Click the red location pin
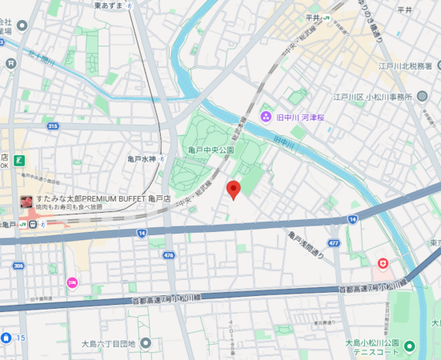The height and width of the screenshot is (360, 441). click(x=234, y=190)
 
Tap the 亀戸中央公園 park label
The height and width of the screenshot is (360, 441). click(x=211, y=150)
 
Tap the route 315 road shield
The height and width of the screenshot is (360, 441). click(x=53, y=126)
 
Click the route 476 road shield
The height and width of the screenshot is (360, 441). click(x=168, y=255)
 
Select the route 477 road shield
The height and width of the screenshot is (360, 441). click(x=334, y=242)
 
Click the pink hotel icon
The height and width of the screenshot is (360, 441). click(x=72, y=282)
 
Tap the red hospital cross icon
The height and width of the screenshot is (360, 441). click(x=383, y=262)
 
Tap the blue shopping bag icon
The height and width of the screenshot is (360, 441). click(x=6, y=338)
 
